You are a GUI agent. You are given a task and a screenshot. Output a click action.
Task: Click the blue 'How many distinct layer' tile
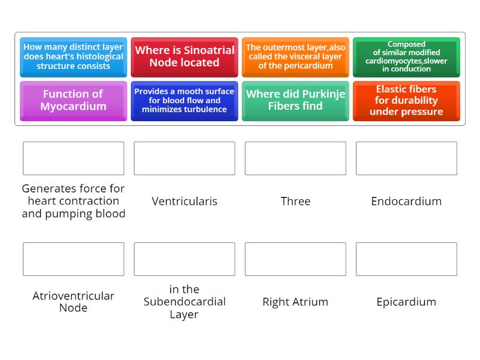pos(73,57)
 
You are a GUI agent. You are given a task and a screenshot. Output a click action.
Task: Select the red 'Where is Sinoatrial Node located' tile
pos(184,57)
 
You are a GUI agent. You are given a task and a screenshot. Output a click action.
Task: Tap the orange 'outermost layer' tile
pos(295,57)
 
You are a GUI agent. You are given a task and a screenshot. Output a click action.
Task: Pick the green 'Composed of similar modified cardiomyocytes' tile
pos(406,57)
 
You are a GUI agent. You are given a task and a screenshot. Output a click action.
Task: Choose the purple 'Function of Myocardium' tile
pos(73,101)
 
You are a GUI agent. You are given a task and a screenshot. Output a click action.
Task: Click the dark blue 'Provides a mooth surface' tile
pos(184,101)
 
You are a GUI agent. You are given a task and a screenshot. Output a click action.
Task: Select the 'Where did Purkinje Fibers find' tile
pos(295,101)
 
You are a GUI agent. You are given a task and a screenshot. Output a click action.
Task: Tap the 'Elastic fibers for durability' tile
pos(406,101)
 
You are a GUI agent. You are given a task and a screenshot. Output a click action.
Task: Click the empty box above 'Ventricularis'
pos(184,158)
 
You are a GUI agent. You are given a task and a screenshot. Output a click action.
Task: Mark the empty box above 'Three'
pos(295,158)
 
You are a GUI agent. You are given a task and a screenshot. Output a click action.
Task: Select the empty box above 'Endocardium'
pos(406,158)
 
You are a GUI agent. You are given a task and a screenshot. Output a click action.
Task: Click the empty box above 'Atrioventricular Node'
pos(73,259)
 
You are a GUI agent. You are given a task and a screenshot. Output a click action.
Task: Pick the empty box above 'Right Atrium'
pos(295,259)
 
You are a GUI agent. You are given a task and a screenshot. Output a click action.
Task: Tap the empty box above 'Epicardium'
pos(406,259)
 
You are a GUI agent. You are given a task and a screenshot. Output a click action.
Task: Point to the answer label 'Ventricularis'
pos(184,201)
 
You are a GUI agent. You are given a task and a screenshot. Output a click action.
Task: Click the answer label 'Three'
pos(295,201)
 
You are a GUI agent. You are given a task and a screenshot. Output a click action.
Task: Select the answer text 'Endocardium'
pos(406,201)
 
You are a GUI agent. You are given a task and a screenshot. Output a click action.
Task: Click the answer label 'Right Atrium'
pos(295,302)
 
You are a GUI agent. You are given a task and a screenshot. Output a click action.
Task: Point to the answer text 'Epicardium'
pos(406,302)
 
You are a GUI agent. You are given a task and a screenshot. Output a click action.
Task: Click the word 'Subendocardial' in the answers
pos(184,302)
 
